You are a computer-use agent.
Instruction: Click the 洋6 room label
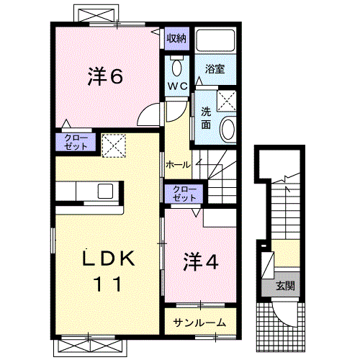(104, 76)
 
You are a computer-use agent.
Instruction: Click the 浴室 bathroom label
(215, 69)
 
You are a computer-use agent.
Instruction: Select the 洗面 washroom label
(206, 117)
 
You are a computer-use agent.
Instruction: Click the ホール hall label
(178, 164)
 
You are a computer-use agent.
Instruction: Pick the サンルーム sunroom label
(199, 323)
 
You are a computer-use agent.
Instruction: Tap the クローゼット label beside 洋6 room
(76, 142)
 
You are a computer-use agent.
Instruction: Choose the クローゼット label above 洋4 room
(184, 192)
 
